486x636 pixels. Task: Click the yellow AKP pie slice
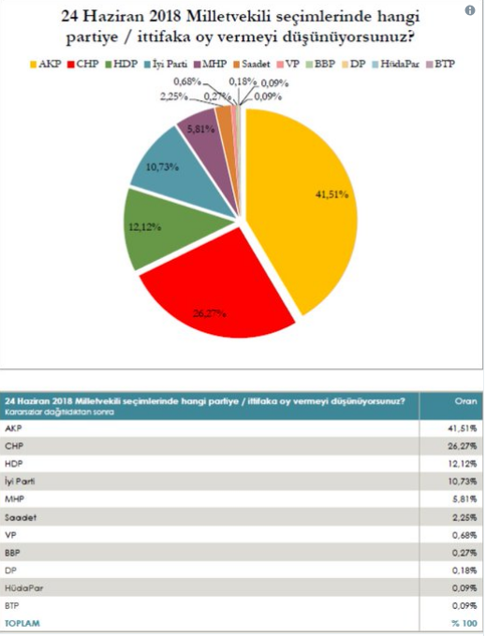(309, 203)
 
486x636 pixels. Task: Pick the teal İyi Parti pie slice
(179, 170)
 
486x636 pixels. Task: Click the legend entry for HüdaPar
(396, 65)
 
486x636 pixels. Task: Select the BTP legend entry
(440, 65)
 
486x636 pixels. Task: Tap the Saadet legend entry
(252, 65)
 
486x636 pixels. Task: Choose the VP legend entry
(287, 65)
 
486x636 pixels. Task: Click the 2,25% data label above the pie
(174, 97)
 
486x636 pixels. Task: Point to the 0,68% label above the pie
(187, 81)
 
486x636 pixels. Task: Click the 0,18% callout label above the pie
(243, 81)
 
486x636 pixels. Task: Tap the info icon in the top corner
(470, 10)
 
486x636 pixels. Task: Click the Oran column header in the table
(466, 401)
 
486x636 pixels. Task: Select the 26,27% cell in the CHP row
(463, 446)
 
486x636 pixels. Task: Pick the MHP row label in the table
(14, 499)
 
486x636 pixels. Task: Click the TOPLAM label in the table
(22, 623)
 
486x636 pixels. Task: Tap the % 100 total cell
(464, 623)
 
